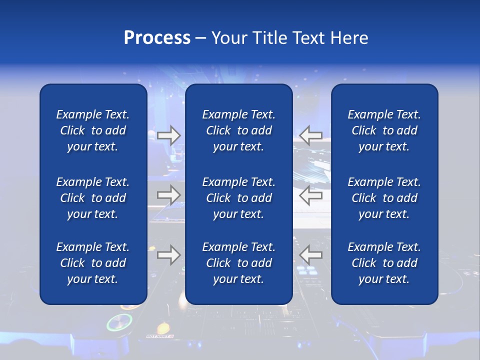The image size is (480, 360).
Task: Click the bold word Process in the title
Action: coord(157,38)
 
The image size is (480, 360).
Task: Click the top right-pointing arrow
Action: coord(169,135)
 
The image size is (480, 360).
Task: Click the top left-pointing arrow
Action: coord(310,135)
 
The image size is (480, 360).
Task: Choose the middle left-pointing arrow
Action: coord(310,195)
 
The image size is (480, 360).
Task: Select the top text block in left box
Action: coord(93,130)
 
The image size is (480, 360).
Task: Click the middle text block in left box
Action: coord(93,198)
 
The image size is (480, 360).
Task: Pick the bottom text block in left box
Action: coord(93,263)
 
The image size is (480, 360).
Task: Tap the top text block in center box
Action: coord(238,130)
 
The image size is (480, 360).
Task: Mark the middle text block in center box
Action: coord(238,198)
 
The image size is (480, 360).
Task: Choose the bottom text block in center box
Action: coord(238,263)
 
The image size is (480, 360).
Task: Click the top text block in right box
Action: coord(384,130)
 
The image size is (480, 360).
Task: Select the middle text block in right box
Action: coord(384,198)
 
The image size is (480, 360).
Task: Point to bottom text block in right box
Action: coord(384,263)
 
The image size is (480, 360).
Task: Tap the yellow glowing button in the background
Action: coord(163,328)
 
